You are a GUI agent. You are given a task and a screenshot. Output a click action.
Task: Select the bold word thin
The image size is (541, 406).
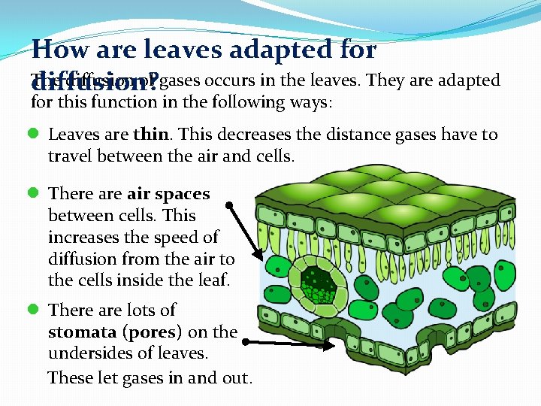point(150,135)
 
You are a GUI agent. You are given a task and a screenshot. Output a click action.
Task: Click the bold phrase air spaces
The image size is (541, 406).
point(169,194)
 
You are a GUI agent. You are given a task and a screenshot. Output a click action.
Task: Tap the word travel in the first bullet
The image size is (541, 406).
point(71,156)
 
